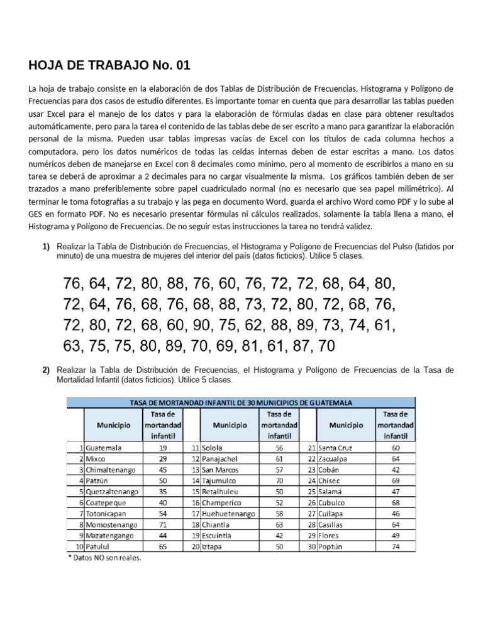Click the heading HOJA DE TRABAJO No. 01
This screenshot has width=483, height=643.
pyautogui.click(x=109, y=65)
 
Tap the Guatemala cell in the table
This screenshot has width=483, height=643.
pyautogui.click(x=104, y=448)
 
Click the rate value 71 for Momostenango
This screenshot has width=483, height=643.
pyautogui.click(x=162, y=524)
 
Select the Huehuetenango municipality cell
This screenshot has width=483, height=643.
pyautogui.click(x=228, y=513)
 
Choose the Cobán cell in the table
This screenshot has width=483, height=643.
pyautogui.click(x=333, y=470)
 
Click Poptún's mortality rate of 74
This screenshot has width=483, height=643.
pyautogui.click(x=395, y=546)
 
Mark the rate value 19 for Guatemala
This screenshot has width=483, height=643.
pyautogui.click(x=162, y=448)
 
